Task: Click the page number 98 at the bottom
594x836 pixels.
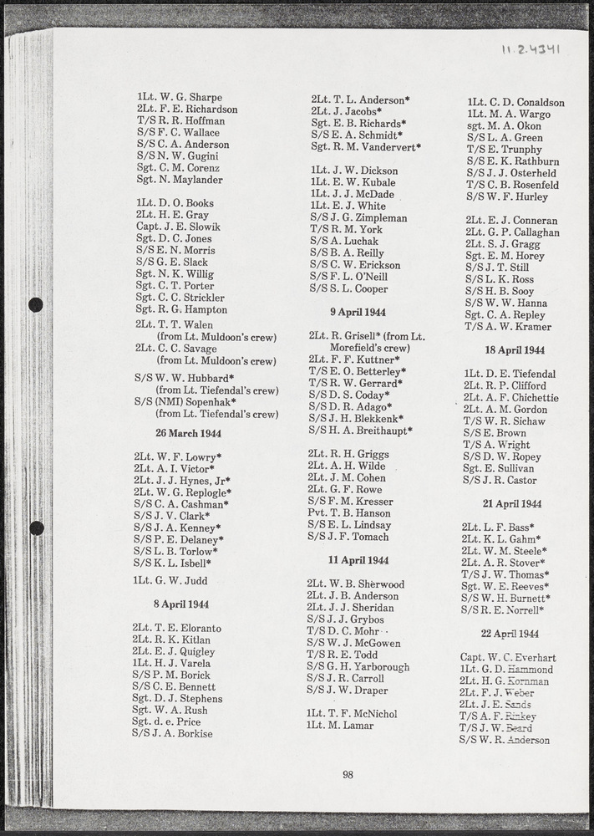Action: pyautogui.click(x=348, y=774)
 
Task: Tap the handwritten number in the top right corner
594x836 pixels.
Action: pyautogui.click(x=531, y=49)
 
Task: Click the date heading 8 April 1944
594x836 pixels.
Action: pyautogui.click(x=181, y=604)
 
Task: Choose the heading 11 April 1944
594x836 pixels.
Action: pyautogui.click(x=358, y=560)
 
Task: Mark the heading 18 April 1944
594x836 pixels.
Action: pyautogui.click(x=514, y=350)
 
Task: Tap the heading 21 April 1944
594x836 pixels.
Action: pyautogui.click(x=512, y=504)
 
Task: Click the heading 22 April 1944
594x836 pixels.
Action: pyautogui.click(x=510, y=634)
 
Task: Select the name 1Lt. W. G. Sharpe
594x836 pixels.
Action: pyautogui.click(x=180, y=97)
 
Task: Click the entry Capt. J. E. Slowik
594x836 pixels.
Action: pyautogui.click(x=178, y=227)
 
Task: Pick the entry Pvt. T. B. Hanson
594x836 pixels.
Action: pyautogui.click(x=348, y=513)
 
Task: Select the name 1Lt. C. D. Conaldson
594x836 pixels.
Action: pyautogui.click(x=515, y=103)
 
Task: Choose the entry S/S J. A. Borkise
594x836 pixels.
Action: pyautogui.click(x=172, y=733)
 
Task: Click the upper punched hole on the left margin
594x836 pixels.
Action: pyautogui.click(x=36, y=305)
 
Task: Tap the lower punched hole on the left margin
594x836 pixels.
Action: pyautogui.click(x=36, y=528)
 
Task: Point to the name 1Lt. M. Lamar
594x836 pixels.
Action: pyautogui.click(x=340, y=726)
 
